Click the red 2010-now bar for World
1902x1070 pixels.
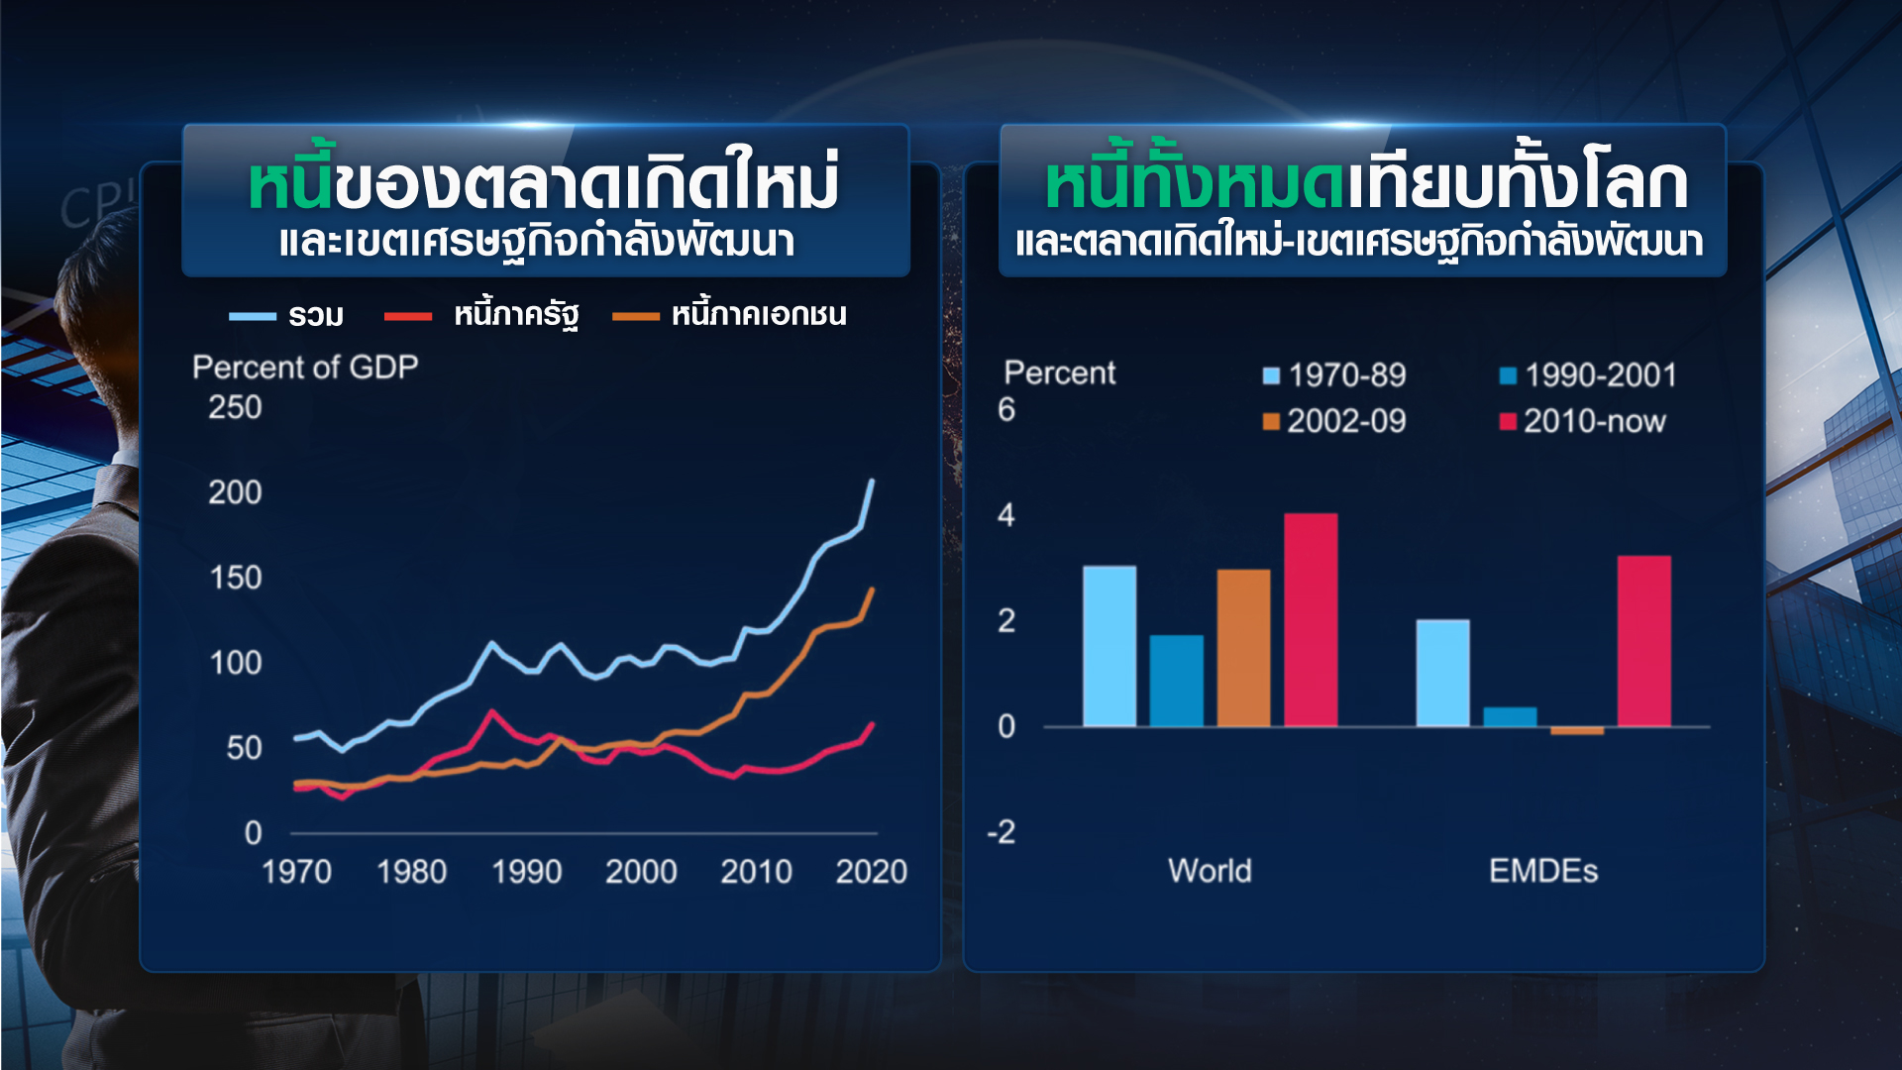(x=1310, y=620)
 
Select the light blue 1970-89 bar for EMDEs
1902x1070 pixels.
(x=1442, y=674)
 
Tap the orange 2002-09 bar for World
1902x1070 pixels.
(x=1243, y=648)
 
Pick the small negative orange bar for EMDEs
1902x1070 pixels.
(x=1576, y=731)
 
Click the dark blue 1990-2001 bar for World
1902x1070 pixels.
(x=1176, y=681)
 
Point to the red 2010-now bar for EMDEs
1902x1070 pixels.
(x=1643, y=641)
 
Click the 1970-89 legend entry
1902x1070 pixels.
(x=1334, y=375)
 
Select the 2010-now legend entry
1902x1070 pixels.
(x=1583, y=422)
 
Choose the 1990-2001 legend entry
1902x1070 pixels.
(x=1588, y=375)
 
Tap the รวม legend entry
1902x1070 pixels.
(x=287, y=316)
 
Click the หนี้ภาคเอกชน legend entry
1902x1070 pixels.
(x=730, y=315)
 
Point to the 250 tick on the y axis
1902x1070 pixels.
(x=235, y=407)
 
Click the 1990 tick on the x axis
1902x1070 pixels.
(x=526, y=872)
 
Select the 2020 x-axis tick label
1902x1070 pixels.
(x=871, y=872)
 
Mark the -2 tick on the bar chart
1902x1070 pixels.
(x=1002, y=832)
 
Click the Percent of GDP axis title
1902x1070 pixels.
(x=305, y=368)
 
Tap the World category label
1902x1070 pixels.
(x=1210, y=871)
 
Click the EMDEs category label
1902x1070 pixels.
(x=1542, y=871)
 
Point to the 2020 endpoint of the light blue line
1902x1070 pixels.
(x=872, y=481)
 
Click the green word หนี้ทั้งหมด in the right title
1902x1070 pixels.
(x=1196, y=184)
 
